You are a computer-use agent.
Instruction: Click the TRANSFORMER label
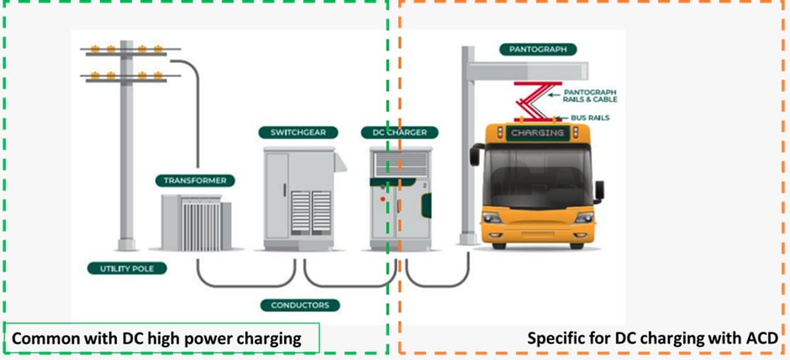click(x=195, y=180)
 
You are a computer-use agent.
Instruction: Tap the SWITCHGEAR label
click(x=298, y=132)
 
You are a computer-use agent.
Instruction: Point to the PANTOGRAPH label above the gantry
click(x=538, y=49)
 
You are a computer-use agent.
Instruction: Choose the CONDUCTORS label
click(x=300, y=305)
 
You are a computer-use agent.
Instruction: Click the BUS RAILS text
click(x=590, y=118)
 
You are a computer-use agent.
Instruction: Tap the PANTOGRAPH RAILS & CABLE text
click(x=590, y=95)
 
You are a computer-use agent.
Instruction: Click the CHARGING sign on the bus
click(x=537, y=133)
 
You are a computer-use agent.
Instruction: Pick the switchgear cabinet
click(x=300, y=197)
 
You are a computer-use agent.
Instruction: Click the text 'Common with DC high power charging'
click(x=157, y=339)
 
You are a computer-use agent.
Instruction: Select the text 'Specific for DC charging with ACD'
click(x=652, y=339)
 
